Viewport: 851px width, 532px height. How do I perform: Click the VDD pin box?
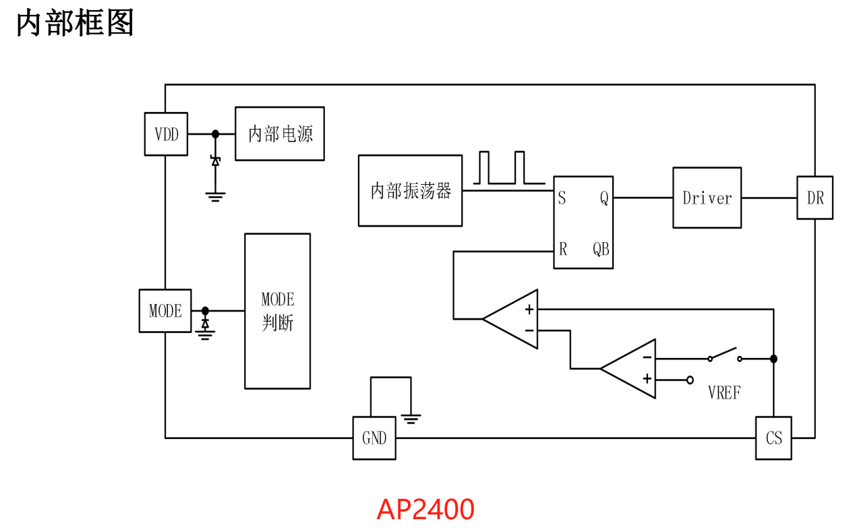point(167,134)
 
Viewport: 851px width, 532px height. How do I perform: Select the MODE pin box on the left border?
point(165,311)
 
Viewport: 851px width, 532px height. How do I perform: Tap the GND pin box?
point(374,438)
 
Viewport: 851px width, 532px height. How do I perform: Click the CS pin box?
point(773,438)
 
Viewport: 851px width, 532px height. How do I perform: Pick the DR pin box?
point(815,198)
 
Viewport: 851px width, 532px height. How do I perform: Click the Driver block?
point(707,198)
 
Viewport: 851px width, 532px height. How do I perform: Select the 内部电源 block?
point(280,134)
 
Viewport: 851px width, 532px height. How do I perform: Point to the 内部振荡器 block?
point(411,191)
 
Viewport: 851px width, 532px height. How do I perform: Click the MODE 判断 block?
point(278,311)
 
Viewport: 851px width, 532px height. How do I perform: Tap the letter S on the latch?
point(562,198)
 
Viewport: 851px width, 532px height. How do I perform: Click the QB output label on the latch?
point(601,249)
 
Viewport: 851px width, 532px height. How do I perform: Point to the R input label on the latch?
point(563,249)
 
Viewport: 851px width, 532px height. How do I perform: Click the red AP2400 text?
point(425,510)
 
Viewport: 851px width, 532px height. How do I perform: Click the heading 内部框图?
point(76,24)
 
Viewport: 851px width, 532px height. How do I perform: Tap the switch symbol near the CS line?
point(725,355)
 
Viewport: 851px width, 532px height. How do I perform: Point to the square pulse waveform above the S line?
point(502,168)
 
